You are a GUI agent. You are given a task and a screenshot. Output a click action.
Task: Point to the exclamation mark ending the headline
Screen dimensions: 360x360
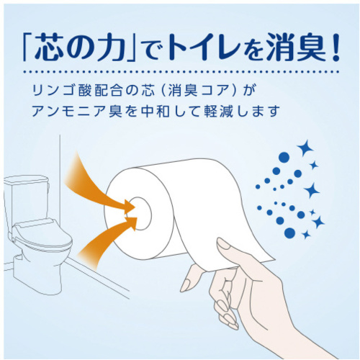click(x=335, y=47)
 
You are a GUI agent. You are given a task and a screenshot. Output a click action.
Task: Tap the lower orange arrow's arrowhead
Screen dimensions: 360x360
click(x=132, y=223)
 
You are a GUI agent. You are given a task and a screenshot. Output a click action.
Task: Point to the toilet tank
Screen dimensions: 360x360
click(x=27, y=199)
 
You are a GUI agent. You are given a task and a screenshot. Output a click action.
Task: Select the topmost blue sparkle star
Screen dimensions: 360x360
click(x=305, y=149)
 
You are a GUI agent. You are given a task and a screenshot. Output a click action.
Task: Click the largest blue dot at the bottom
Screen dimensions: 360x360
click(x=289, y=233)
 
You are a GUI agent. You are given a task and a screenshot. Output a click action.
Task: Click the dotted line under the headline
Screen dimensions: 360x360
click(x=181, y=72)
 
